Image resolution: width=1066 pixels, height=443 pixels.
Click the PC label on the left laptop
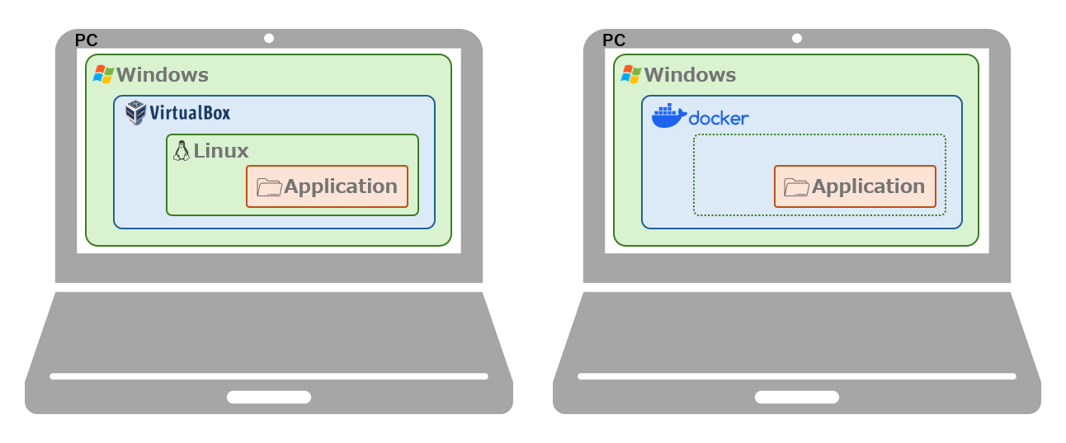coord(86,40)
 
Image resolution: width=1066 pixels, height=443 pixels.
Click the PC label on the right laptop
coord(614,40)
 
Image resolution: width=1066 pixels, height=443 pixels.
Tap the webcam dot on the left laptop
coord(269,38)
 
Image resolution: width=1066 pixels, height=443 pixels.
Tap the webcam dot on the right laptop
coord(796,38)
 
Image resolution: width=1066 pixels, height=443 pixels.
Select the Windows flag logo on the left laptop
coord(103,74)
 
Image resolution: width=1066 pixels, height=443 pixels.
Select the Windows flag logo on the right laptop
coord(631,74)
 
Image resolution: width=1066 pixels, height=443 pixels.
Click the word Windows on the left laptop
coord(163,75)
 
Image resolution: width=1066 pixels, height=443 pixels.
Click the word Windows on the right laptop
coord(690,75)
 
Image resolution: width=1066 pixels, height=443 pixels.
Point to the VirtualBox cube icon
coord(135,112)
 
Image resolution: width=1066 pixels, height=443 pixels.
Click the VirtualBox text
coord(190,113)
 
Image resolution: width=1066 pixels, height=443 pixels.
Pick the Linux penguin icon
coord(182,151)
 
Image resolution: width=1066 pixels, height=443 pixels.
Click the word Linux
coord(221,151)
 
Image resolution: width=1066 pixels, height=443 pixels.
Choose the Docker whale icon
coord(668,116)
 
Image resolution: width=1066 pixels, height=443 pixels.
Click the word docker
coord(719,119)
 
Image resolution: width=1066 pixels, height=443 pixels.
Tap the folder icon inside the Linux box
coord(269,187)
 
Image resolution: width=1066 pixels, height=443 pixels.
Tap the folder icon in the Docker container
coord(796,187)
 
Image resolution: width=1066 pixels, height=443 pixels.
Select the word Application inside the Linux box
coord(341,186)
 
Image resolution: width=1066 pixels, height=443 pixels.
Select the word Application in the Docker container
coord(868,186)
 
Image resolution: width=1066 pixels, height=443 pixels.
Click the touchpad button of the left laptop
coord(269,397)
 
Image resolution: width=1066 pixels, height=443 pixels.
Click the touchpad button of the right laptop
coord(796,397)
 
